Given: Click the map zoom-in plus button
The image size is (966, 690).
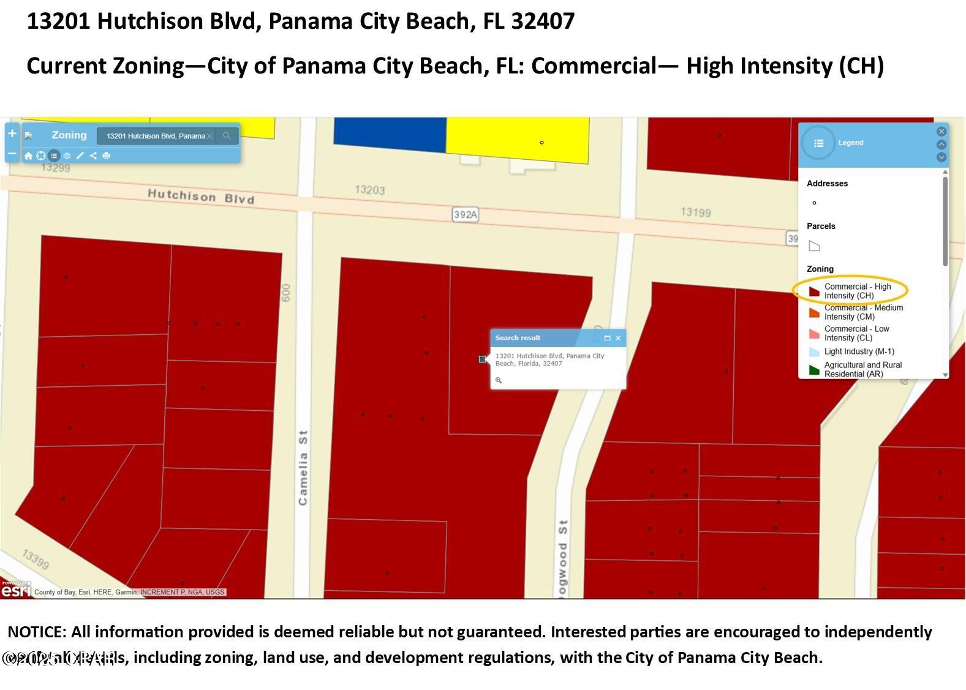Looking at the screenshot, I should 12,133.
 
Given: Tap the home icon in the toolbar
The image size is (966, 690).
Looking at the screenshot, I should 28,156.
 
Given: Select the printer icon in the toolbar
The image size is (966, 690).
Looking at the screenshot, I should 107,156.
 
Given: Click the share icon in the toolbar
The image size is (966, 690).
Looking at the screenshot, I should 93,156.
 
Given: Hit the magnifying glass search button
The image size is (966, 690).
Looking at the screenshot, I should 227,136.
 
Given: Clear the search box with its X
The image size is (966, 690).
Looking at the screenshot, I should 210,136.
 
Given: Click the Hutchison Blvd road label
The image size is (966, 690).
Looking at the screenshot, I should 200,197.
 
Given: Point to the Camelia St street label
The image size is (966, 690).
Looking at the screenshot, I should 303,468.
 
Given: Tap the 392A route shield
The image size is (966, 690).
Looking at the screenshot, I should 465,214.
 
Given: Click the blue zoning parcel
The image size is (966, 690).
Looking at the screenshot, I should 390,134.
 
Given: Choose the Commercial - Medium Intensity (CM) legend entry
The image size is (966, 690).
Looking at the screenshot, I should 863,312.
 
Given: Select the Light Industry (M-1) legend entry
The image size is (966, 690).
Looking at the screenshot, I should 859,351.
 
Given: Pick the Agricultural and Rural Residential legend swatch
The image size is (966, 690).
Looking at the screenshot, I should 814,370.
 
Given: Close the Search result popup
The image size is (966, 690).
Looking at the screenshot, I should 618,338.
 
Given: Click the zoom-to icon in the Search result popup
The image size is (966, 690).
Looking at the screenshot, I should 499,380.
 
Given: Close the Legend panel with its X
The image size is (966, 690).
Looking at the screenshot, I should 941,132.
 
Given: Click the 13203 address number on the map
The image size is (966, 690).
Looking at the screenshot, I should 369,190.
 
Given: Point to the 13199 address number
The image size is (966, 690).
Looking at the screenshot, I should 695,212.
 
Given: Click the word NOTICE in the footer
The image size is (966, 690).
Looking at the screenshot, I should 36,632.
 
